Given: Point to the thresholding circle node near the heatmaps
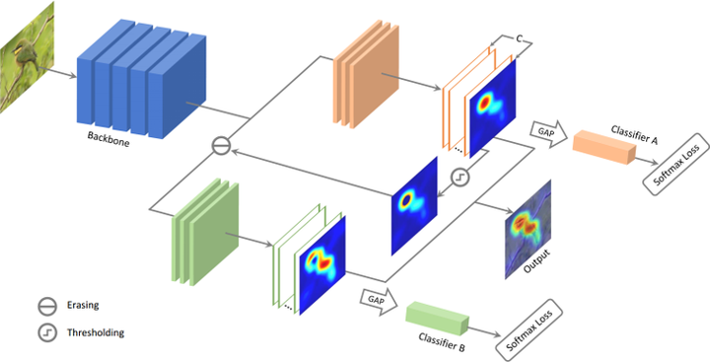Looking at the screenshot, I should coord(459,179).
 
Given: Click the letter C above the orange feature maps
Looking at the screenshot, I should coord(518,37).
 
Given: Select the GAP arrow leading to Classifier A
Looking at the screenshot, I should coord(544,130).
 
